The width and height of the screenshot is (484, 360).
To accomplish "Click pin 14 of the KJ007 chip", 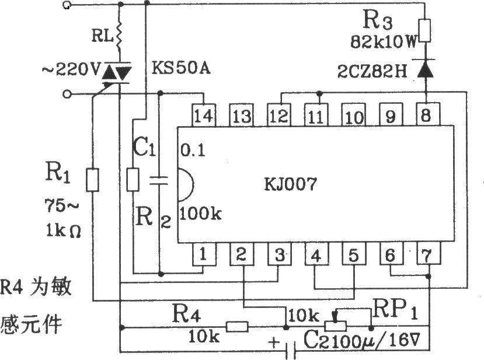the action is coord(204,115).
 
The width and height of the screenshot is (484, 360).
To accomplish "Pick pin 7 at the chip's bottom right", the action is coord(427,254).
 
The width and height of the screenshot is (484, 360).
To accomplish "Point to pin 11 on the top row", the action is coord(316,115).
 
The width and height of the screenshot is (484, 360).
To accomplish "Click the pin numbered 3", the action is coord(279,254).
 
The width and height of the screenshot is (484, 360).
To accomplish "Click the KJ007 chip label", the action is coord(291,184).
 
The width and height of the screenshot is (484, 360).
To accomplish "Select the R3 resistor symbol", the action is coord(424,30).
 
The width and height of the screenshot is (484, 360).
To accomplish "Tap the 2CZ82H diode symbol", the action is coord(426,69).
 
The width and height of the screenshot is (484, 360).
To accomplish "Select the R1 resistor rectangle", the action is coord(93,180).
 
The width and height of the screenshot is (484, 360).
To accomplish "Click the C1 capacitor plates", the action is coord(159,181).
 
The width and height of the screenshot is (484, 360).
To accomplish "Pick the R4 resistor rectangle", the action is coord(237,327).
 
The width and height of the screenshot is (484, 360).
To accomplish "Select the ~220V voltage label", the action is coord(71,71).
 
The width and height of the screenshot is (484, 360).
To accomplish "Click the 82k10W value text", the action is coord(384,41).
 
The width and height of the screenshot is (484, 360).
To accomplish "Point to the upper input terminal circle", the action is coord(67,5).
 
